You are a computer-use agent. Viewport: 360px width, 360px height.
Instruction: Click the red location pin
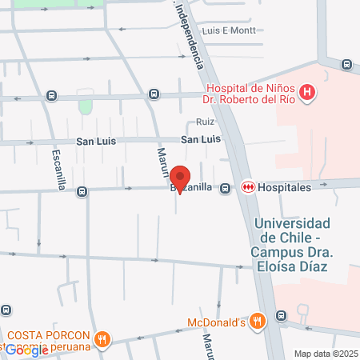pyautogui.click(x=180, y=178)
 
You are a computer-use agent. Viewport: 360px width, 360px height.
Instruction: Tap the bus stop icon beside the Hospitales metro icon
pyautogui.click(x=226, y=188)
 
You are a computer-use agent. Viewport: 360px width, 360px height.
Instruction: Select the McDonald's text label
pyautogui.click(x=215, y=322)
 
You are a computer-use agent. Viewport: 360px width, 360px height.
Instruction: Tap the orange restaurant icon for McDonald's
pyautogui.click(x=256, y=322)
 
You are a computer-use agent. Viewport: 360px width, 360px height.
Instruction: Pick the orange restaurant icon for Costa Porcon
pyautogui.click(x=102, y=340)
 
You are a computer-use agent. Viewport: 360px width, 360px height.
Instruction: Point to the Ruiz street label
pyautogui.click(x=206, y=123)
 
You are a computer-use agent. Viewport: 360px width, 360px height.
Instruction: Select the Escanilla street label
pyautogui.click(x=58, y=169)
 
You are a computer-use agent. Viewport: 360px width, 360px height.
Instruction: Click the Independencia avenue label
pyautogui.click(x=189, y=36)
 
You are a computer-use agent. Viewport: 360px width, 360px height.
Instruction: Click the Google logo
pyautogui.click(x=26, y=350)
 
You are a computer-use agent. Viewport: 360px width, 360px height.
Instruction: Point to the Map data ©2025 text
pyautogui.click(x=326, y=353)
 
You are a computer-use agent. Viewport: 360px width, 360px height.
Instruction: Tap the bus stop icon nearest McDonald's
pyautogui.click(x=280, y=315)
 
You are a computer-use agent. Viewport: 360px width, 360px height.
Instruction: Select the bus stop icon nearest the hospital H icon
pyautogui.click(x=346, y=65)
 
